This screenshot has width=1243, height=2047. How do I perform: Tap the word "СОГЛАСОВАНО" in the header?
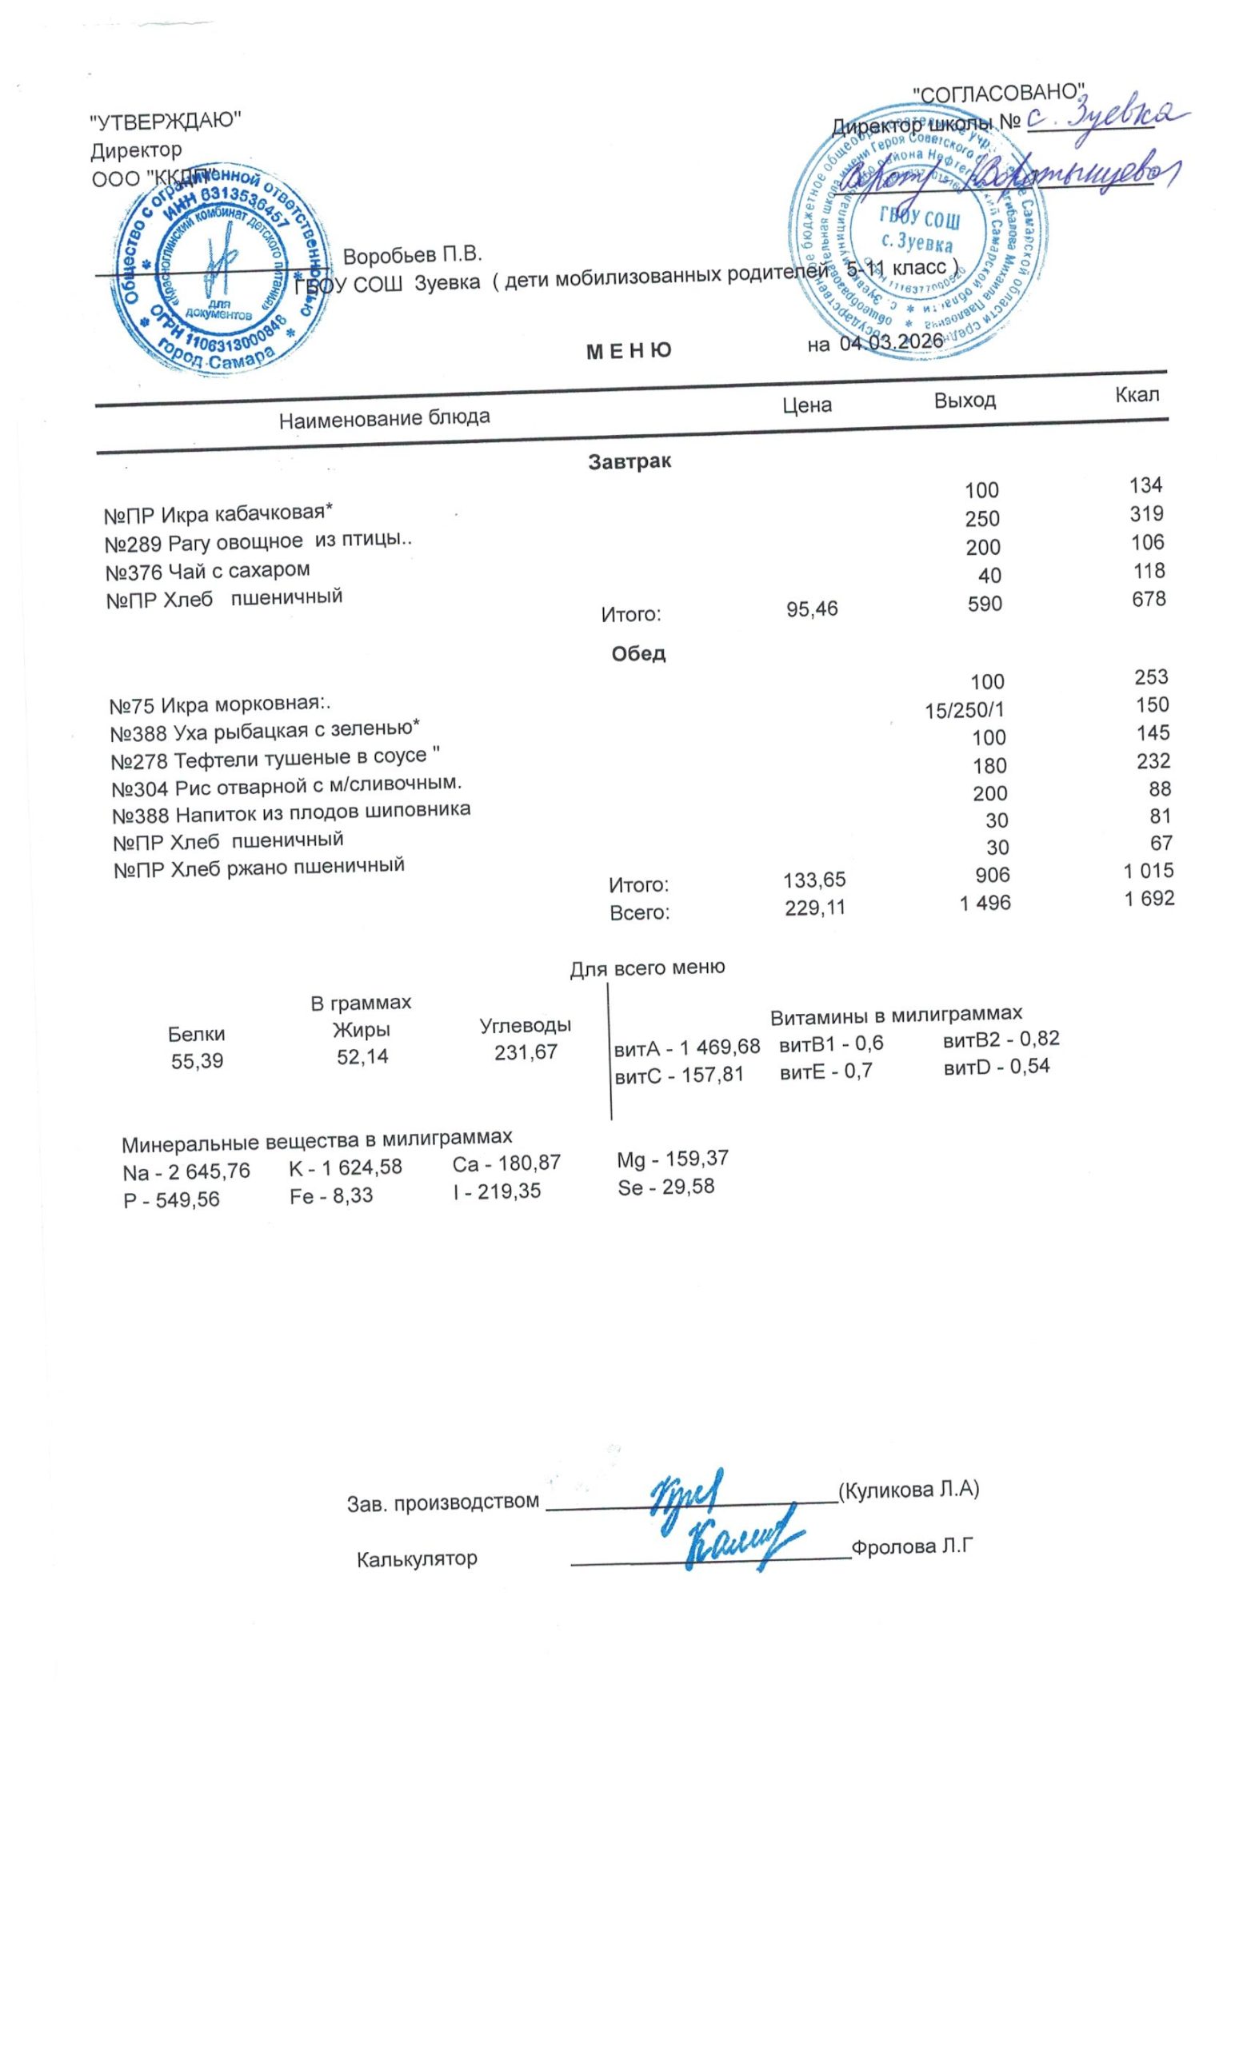point(1000,92)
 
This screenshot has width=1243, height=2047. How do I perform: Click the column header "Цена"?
point(807,405)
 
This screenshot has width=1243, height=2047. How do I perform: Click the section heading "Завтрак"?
point(629,461)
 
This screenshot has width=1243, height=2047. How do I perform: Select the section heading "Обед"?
point(638,653)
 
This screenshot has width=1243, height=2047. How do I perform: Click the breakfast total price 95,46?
point(812,609)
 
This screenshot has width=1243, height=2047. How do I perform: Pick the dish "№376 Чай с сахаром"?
point(208,571)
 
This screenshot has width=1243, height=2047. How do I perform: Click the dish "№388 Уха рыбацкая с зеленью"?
point(265,731)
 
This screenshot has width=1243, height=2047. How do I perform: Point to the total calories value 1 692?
point(1149,898)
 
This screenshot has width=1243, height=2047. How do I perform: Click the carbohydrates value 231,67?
point(526,1051)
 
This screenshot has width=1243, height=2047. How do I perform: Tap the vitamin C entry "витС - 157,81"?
point(678,1075)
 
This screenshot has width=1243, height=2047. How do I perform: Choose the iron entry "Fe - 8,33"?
point(330,1195)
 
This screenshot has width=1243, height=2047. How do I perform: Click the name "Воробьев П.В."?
point(412,255)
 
